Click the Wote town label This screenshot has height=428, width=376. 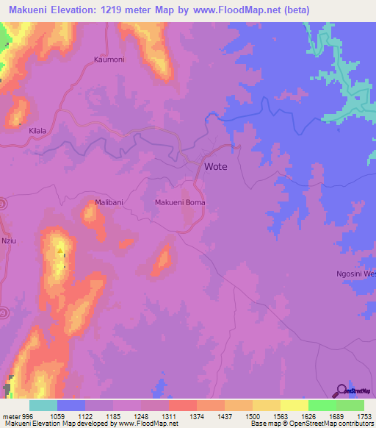click(215, 166)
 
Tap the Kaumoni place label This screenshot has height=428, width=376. click(110, 60)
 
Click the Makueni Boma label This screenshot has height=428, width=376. click(180, 201)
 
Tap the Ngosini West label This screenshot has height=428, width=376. click(355, 274)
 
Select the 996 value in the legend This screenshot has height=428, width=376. click(26, 415)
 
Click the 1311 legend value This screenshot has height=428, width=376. click(168, 415)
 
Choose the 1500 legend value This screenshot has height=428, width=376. click(252, 415)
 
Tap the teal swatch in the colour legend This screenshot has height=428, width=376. click(43, 405)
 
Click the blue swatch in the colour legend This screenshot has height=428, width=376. click(70, 405)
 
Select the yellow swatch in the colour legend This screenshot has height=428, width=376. click(294, 405)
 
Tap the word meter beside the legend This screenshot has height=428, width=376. click(10, 415)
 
